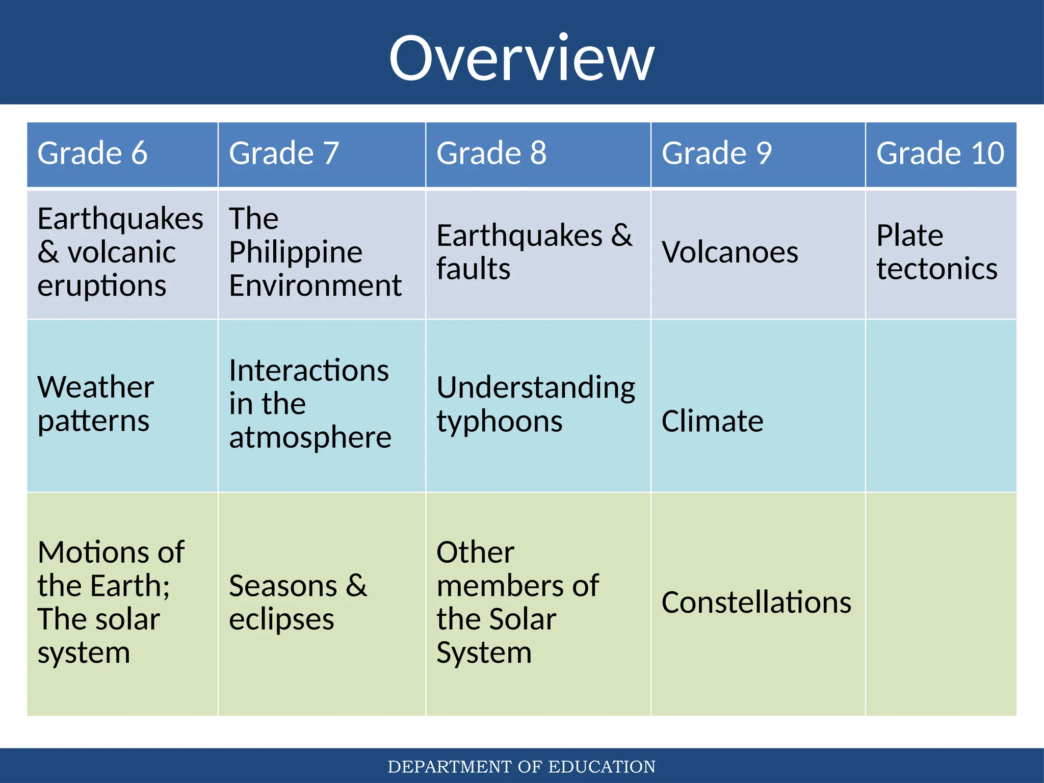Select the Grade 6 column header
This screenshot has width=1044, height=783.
(92, 153)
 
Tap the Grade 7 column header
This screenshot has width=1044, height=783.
(284, 153)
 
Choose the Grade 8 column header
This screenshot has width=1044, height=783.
(491, 153)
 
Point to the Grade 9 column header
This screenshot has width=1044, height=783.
(716, 153)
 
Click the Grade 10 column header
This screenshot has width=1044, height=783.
(940, 153)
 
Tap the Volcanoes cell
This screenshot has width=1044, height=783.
(729, 252)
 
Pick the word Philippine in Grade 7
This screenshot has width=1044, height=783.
(296, 252)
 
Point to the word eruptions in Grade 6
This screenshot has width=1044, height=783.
(101, 285)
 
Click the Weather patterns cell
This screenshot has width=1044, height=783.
(95, 404)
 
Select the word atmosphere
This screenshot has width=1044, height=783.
(310, 437)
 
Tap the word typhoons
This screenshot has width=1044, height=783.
(499, 422)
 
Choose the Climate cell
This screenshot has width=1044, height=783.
(712, 421)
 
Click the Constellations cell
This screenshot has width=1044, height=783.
(756, 603)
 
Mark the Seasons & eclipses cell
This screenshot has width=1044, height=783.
(298, 603)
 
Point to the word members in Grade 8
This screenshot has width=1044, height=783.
(517, 586)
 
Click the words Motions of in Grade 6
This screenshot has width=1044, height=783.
(111, 552)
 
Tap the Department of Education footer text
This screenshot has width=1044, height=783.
(521, 767)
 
